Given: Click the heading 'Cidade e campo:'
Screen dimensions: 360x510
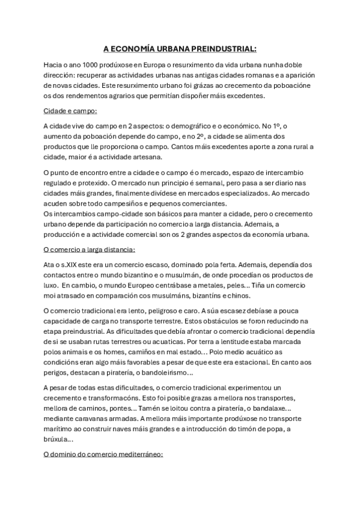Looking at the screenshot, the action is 70,111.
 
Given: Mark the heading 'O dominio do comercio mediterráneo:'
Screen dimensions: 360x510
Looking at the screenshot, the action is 103,455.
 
